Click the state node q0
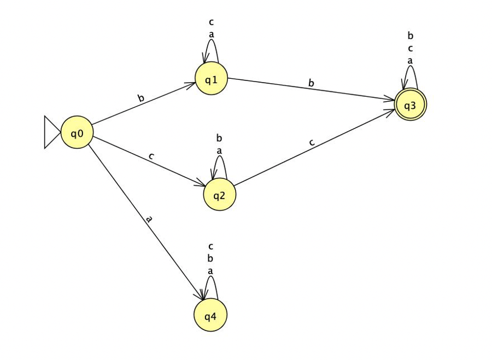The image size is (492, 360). coord(77,132)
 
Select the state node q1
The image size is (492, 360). coord(211,79)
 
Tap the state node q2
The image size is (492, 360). coord(219,194)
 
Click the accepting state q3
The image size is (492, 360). coord(410,105)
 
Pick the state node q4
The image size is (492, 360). coord(210,316)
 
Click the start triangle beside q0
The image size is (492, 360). coord(51,132)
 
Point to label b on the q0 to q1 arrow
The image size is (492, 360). coord(141,98)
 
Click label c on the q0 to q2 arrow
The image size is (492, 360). coord(151,156)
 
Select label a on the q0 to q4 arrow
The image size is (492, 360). coord(148,219)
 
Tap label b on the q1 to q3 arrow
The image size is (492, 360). coord(311,83)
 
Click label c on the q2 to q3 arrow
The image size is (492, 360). coord(312,142)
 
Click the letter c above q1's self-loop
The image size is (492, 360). coord(211,22)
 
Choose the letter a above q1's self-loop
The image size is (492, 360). coord(211,34)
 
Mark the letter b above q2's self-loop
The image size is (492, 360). coord(219,138)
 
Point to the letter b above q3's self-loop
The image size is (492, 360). coord(410,36)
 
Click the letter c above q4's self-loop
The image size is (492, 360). coord(210,247)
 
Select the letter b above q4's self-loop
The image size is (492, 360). coord(210,259)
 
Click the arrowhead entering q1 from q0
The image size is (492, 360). coord(191,85)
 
